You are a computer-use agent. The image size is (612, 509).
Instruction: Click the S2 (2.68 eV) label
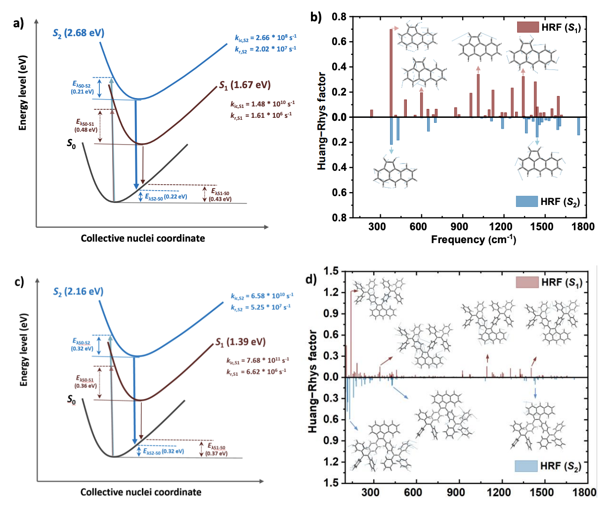[79, 33]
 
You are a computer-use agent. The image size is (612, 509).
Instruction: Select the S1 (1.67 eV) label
[245, 85]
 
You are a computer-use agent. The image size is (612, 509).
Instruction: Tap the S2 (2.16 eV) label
[78, 292]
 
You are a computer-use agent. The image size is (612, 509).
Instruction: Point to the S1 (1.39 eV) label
[241, 342]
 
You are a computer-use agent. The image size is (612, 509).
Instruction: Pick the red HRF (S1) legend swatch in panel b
[527, 27]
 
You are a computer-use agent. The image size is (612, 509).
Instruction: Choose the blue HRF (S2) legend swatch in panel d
[525, 466]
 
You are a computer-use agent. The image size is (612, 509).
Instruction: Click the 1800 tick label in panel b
[583, 227]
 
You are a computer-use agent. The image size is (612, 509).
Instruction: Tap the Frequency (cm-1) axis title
[473, 240]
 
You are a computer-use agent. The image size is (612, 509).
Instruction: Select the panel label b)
[316, 18]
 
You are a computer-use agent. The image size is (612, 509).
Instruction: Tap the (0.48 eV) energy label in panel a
[86, 130]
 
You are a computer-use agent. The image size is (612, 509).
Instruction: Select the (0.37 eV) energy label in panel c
[217, 453]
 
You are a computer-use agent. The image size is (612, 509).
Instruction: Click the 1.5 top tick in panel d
[331, 271]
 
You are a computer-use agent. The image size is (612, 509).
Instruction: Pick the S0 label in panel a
[72, 144]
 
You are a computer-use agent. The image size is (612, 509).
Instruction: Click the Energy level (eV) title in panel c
[24, 350]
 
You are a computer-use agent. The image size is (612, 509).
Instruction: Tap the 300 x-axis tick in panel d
[370, 492]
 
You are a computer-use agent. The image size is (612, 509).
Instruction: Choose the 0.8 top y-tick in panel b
[339, 17]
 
